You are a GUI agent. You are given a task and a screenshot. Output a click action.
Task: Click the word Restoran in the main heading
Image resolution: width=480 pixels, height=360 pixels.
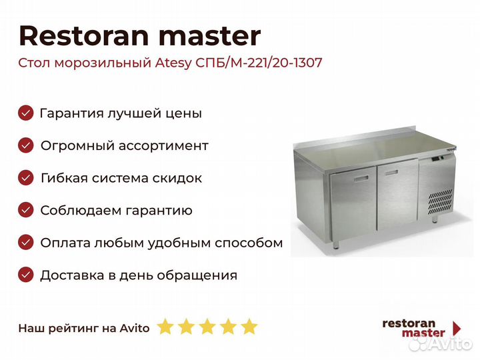[83, 35]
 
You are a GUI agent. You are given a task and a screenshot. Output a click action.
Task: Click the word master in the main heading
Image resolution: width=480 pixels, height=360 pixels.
[210, 36]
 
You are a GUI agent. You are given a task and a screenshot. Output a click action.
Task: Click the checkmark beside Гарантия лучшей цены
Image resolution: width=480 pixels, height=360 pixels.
[26, 113]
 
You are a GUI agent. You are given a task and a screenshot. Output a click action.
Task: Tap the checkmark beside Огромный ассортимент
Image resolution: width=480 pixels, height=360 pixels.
[26, 145]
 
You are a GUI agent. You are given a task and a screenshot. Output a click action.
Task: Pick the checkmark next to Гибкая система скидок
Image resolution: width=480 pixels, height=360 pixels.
[26, 177]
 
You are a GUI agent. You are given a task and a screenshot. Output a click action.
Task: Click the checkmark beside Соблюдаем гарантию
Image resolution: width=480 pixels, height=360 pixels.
[26, 210]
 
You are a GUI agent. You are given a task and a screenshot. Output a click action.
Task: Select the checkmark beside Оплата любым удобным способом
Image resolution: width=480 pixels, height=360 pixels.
[26, 243]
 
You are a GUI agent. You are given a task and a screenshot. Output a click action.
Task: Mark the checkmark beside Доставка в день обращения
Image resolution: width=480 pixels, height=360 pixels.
[26, 275]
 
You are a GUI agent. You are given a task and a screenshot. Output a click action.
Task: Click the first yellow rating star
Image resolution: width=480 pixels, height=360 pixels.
[165, 326]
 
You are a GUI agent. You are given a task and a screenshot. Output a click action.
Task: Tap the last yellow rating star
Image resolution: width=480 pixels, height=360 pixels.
[249, 326]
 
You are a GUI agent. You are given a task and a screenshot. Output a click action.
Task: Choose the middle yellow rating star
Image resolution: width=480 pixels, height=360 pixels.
[207, 326]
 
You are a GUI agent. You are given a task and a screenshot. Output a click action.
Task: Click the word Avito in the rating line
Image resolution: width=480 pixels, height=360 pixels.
[135, 328]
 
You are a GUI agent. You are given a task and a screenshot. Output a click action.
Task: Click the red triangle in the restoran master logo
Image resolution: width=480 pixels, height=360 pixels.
[457, 328]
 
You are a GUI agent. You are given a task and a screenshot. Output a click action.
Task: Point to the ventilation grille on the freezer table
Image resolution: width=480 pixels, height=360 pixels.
[440, 202]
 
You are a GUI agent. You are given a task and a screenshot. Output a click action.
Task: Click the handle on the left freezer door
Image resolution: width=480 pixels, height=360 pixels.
[361, 179]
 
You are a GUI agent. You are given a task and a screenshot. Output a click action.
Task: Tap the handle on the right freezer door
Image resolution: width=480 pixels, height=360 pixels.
[391, 173]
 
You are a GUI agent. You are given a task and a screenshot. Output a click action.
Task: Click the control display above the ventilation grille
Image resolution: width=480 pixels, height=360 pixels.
[437, 159]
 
